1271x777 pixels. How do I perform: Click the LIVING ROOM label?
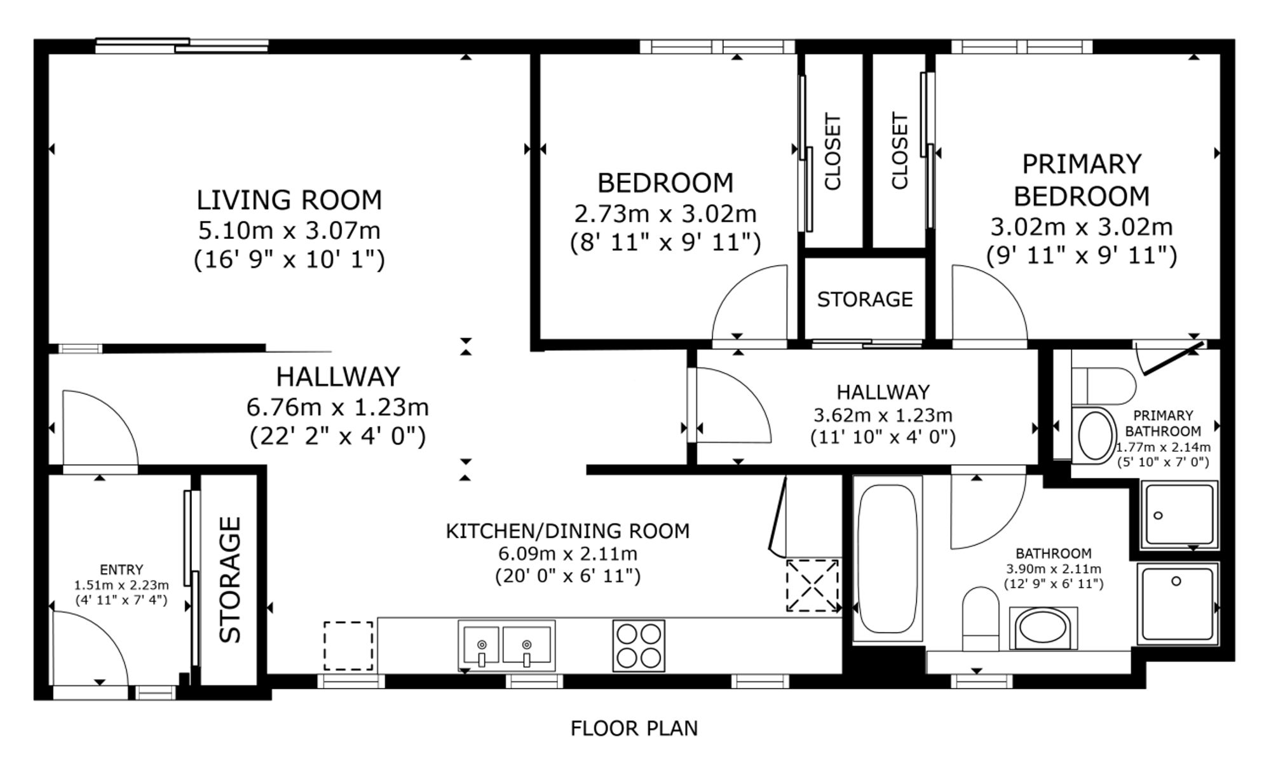point(289,200)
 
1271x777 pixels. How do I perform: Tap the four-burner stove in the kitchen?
point(639,645)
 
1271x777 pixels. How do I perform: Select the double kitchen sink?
point(506,645)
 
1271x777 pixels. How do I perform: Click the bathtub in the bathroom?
point(887,559)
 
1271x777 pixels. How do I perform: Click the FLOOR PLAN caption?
point(634,728)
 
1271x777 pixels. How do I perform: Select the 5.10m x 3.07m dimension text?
point(289,230)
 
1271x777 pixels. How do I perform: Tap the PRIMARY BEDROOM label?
point(1082,180)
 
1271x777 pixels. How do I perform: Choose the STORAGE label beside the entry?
point(230,579)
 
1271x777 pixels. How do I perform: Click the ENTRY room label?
point(121,570)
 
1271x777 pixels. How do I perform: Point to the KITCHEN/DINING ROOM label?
point(568,531)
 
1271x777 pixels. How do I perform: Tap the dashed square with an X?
point(813,585)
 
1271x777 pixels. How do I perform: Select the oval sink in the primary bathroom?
point(1095,435)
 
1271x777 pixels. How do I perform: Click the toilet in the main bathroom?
point(981,618)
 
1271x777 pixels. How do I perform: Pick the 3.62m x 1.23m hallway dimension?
point(883,416)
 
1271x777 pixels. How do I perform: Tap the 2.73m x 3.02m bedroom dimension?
point(665,214)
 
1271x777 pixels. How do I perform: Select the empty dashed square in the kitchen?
point(348,645)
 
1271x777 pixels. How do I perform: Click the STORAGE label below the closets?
point(865,299)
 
